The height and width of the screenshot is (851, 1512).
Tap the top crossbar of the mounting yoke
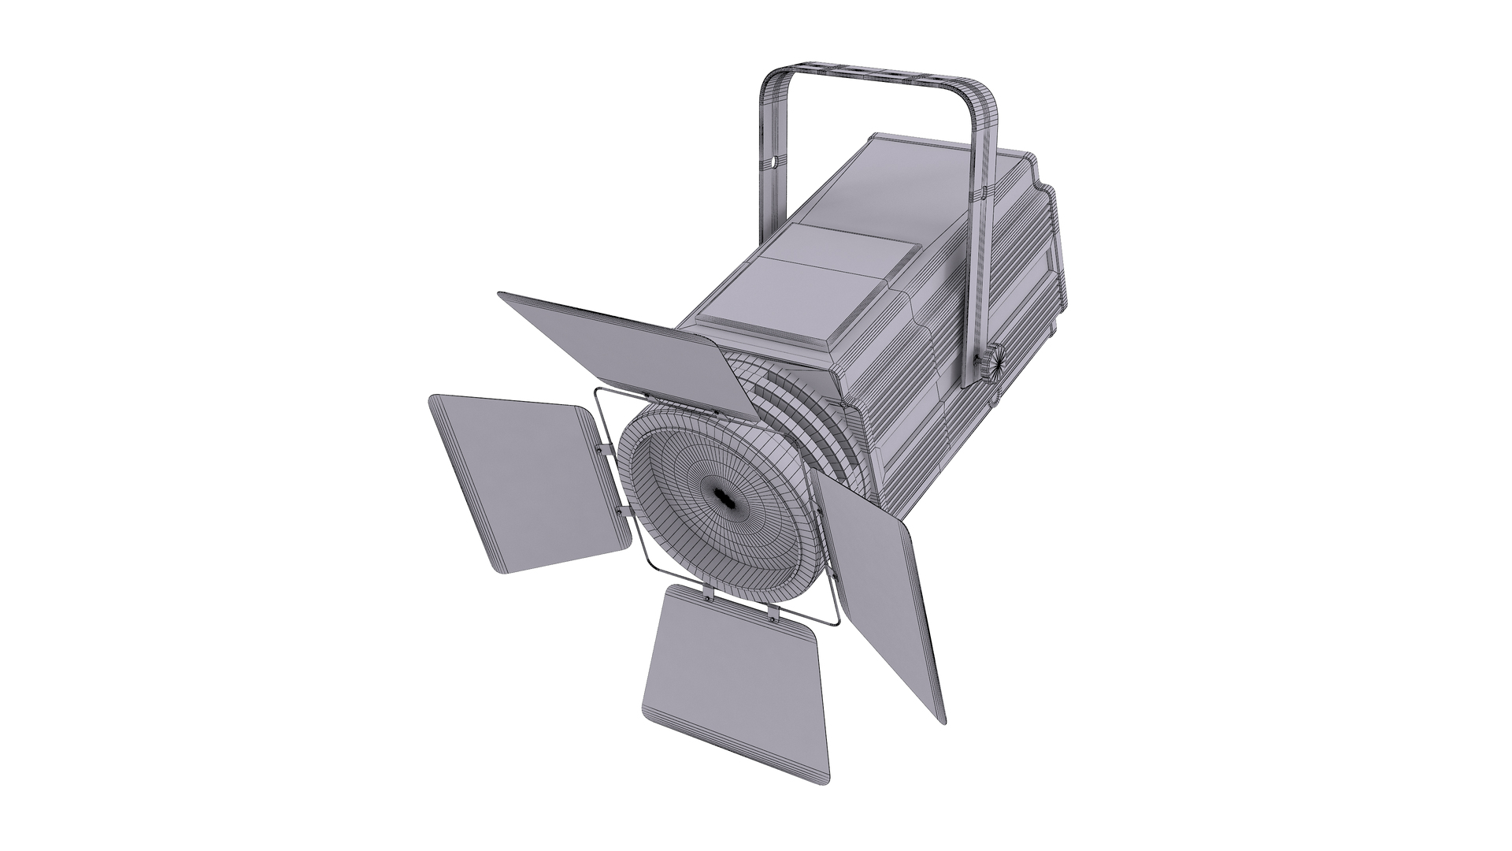(874, 75)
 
